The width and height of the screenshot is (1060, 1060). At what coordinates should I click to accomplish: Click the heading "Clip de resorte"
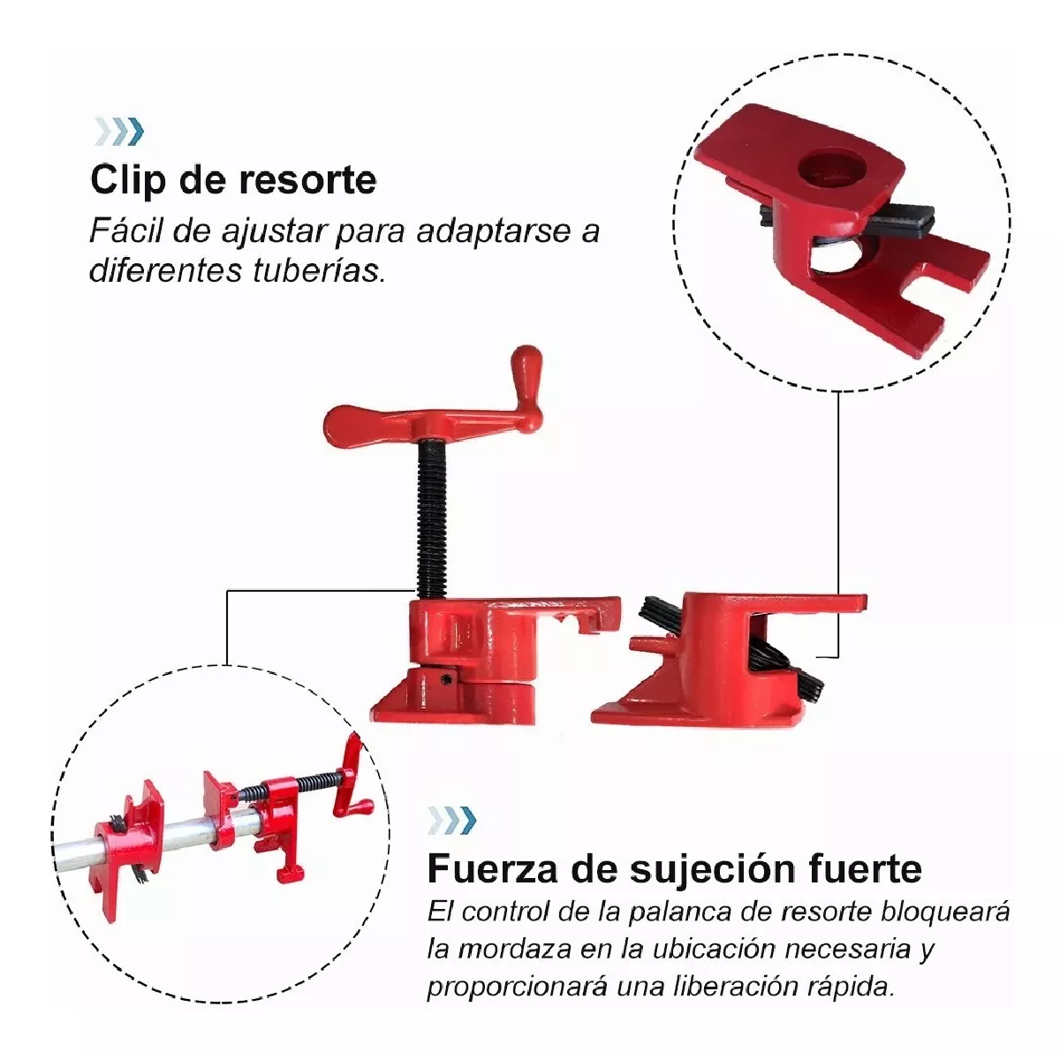point(233,180)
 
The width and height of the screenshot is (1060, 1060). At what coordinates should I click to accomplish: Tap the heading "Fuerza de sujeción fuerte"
point(674,869)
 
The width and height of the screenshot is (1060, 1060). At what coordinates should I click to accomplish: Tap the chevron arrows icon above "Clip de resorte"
point(118,132)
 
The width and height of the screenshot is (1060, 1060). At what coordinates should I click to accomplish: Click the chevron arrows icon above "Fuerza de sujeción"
point(450,821)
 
